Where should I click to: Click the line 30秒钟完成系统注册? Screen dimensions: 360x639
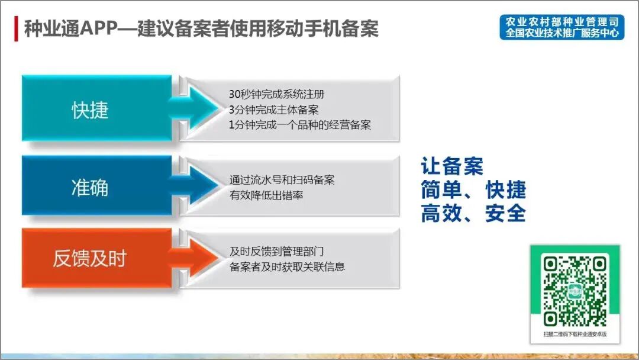(276, 95)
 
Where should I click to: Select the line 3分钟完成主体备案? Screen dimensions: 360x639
(274, 110)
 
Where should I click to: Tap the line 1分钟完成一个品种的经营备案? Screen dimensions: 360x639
(300, 125)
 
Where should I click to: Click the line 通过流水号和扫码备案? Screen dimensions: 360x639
(282, 180)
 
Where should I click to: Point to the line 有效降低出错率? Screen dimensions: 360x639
(266, 195)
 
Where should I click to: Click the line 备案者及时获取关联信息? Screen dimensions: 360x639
(288, 266)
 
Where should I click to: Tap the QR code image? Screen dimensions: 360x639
(575, 290)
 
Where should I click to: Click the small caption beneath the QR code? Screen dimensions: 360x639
(575, 335)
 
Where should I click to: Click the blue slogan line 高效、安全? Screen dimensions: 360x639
(473, 213)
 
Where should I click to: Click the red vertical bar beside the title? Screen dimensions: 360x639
(16, 29)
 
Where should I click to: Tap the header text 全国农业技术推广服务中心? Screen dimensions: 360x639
(561, 33)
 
